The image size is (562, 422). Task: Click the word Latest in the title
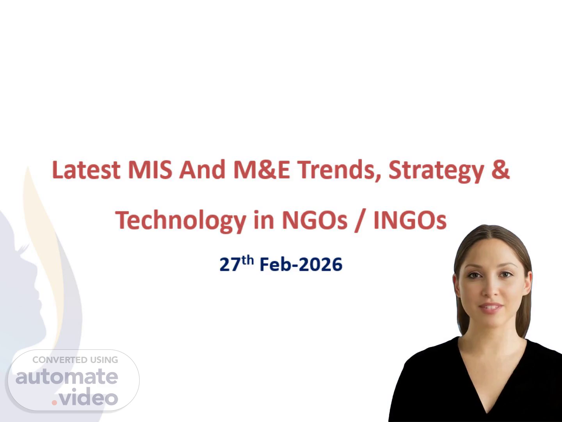tap(86, 170)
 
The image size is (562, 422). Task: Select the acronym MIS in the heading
tap(150, 170)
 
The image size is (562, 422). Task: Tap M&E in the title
tap(262, 170)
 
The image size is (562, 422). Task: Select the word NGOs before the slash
tap(315, 220)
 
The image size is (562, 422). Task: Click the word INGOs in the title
tap(410, 220)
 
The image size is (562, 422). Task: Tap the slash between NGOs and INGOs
tap(360, 221)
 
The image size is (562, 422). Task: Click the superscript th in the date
tap(247, 260)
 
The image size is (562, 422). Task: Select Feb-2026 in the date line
tap(301, 265)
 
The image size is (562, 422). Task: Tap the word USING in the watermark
tap(104, 360)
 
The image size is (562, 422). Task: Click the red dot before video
tap(54, 402)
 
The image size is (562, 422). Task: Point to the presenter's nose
tap(489, 290)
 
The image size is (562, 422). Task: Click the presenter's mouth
tap(491, 307)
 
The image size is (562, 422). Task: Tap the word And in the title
tap(202, 170)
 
